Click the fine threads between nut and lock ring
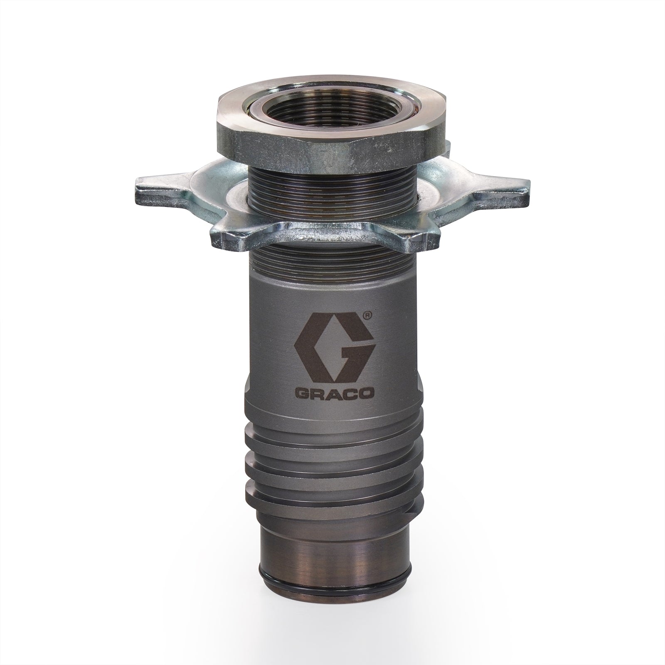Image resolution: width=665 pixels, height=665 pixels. tap(332, 183)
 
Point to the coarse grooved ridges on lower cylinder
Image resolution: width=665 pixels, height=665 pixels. tap(332, 465)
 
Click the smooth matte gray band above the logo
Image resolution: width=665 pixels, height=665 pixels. tap(332, 293)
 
